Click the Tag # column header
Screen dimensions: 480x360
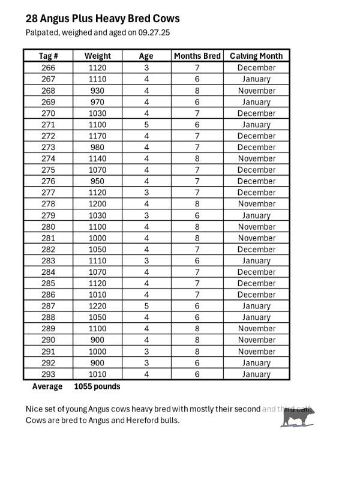pos(48,56)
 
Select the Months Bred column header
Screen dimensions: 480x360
pos(197,56)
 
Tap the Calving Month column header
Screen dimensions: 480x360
pos(256,56)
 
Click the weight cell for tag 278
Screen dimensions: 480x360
pos(97,204)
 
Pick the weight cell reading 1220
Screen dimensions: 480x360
pos(97,306)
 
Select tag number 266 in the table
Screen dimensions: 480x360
pos(48,68)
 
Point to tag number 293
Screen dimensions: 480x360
pos(48,374)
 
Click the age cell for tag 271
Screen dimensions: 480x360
pos(146,125)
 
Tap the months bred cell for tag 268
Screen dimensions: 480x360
pos(197,91)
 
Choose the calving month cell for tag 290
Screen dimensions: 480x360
pos(256,340)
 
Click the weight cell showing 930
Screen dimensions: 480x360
pos(97,91)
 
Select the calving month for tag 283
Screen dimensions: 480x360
pos(256,261)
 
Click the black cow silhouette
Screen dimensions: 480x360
pos(296,418)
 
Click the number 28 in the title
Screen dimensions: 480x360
pos(32,19)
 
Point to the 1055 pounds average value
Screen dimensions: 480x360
pos(97,386)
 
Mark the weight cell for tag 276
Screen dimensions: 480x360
pos(97,181)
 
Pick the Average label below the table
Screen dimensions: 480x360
pos(47,386)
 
